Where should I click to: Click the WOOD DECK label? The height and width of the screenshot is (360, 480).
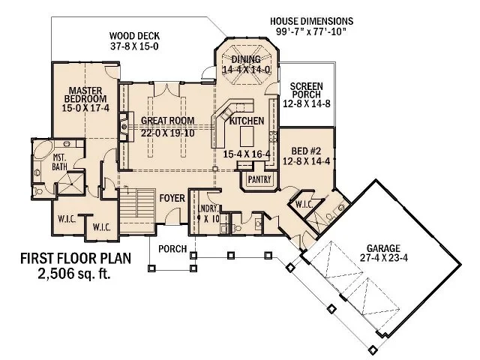click(x=134, y=35)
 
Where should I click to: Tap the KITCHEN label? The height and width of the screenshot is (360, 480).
click(x=246, y=121)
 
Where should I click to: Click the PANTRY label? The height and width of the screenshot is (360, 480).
click(x=259, y=179)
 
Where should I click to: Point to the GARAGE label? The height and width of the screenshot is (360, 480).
click(x=385, y=248)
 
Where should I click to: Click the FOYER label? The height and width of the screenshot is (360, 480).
click(x=172, y=197)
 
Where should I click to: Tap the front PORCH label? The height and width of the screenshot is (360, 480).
click(x=172, y=248)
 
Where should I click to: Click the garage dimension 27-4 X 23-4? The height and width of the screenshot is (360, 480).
click(x=384, y=259)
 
